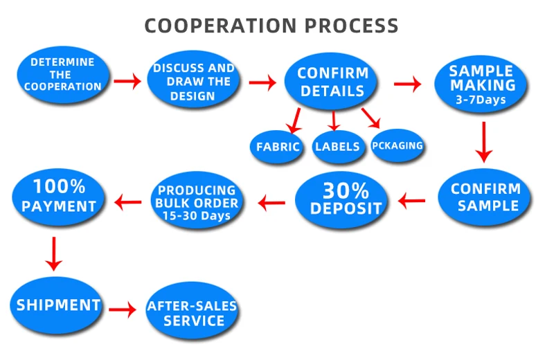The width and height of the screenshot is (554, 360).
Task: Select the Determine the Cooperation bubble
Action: click(x=62, y=75)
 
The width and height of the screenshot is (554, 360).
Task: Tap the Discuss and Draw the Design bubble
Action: click(x=193, y=80)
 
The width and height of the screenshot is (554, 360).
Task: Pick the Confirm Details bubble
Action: click(x=332, y=82)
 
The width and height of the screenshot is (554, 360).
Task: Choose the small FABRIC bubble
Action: click(x=277, y=147)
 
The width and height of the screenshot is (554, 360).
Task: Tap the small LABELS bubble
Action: click(x=337, y=146)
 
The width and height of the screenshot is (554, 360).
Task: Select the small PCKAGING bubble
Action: click(x=397, y=146)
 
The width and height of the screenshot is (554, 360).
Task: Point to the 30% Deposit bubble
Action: click(x=342, y=199)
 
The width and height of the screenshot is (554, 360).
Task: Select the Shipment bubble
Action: click(x=59, y=305)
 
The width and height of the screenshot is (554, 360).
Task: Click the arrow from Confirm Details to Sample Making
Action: click(x=407, y=84)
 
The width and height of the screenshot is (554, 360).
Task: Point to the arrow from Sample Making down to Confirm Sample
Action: click(x=484, y=141)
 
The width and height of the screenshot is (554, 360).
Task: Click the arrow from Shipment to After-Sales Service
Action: click(x=123, y=309)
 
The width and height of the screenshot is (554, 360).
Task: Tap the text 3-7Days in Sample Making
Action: click(x=481, y=100)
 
